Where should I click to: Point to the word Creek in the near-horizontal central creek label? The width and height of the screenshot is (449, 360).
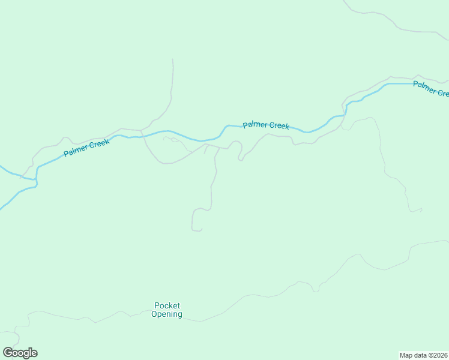(x=279, y=126)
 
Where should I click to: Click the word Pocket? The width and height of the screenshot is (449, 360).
(x=167, y=305)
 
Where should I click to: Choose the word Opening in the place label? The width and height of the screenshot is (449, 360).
(x=167, y=314)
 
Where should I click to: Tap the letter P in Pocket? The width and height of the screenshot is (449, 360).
(x=157, y=305)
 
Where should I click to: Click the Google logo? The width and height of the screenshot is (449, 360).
(x=20, y=353)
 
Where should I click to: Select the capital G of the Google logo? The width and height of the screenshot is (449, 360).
(x=7, y=353)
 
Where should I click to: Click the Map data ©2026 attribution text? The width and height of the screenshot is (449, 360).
(x=424, y=355)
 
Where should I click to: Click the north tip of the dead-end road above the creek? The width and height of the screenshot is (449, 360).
(x=173, y=59)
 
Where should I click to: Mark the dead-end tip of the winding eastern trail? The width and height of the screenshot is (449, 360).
(x=422, y=209)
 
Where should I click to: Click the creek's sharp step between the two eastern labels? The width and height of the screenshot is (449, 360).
(x=346, y=109)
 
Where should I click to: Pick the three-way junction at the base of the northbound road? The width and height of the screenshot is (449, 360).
(x=141, y=130)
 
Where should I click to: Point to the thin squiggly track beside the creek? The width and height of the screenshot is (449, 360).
(x=174, y=140)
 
